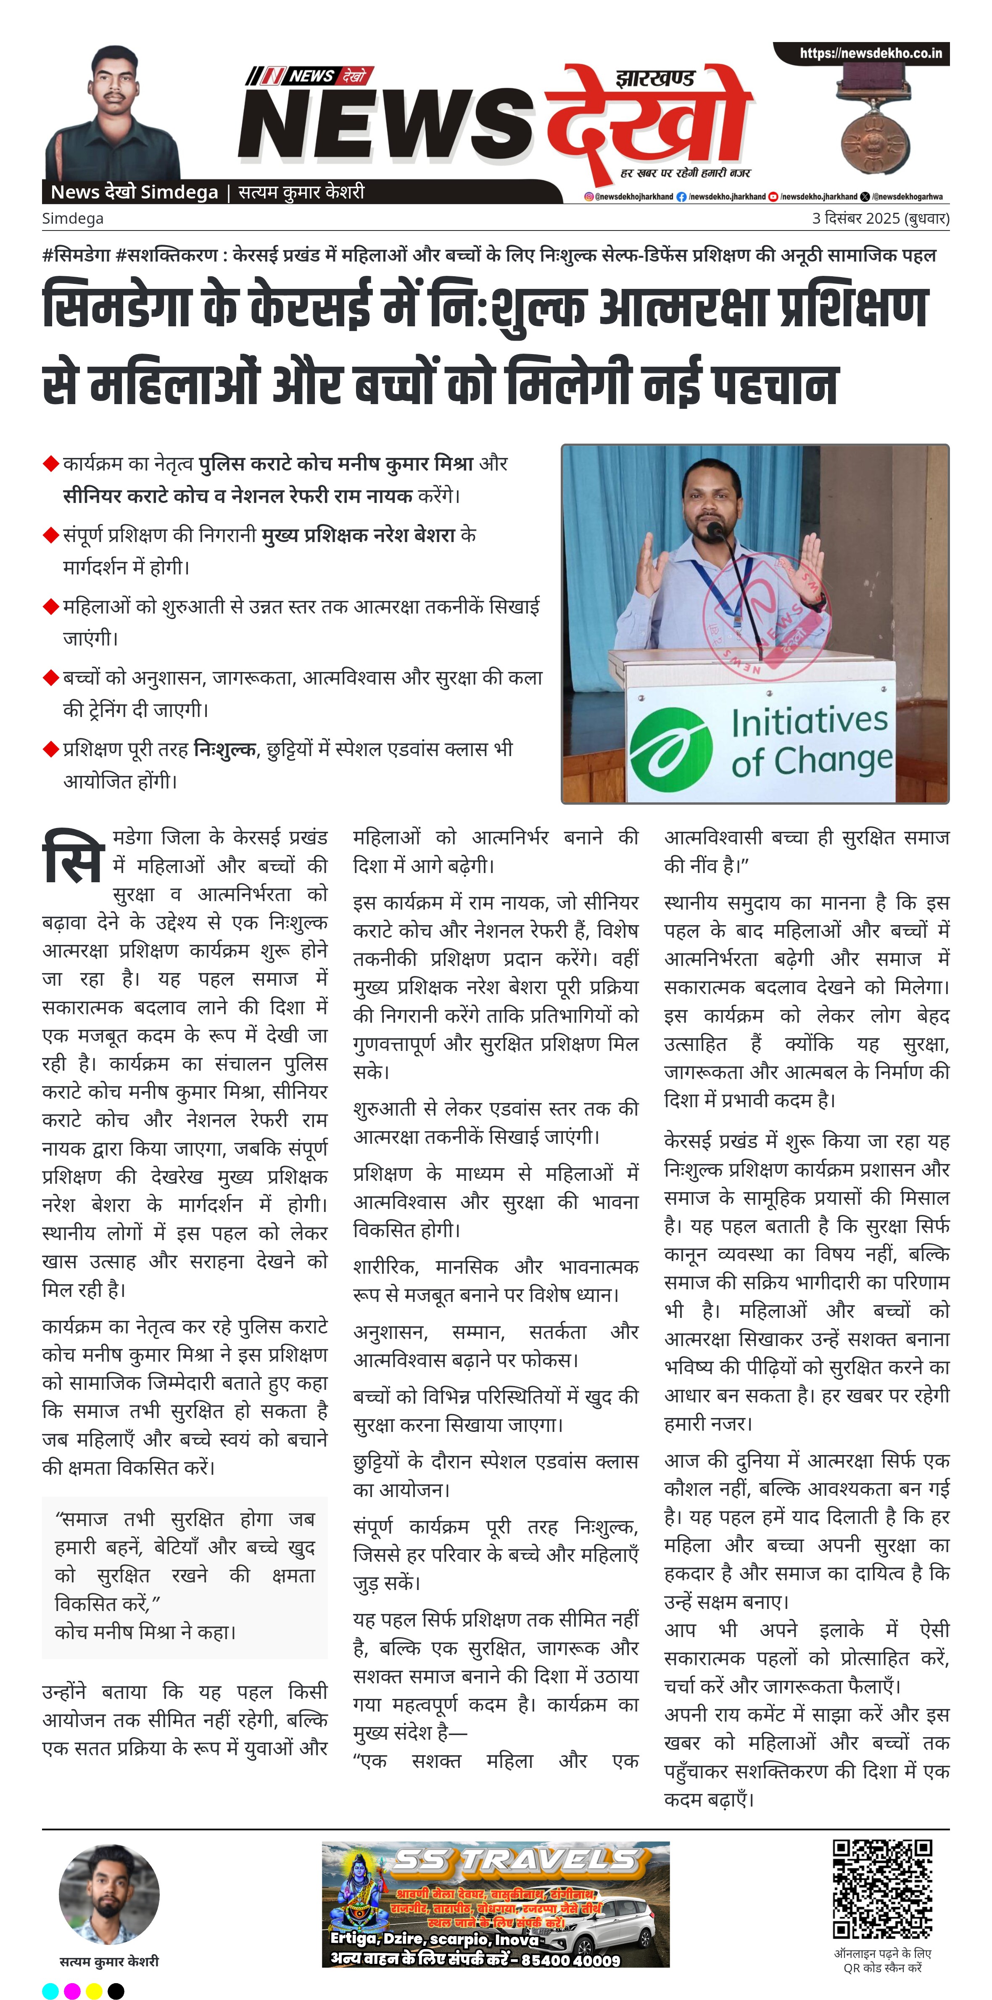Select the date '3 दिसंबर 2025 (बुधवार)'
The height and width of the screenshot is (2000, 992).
click(x=880, y=218)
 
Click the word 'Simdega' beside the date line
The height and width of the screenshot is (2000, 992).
click(x=72, y=218)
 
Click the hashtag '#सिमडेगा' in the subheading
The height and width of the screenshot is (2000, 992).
click(x=76, y=255)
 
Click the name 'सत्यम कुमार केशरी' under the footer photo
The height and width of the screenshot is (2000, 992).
click(x=109, y=1961)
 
